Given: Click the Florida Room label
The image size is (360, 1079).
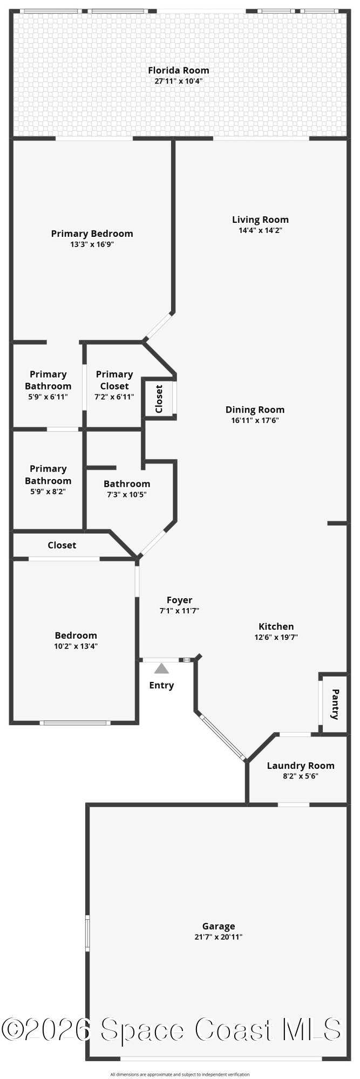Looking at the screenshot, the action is (179, 70).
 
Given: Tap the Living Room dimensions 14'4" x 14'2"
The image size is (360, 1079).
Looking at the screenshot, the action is (261, 230).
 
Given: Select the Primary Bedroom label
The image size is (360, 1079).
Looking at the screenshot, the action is (92, 234).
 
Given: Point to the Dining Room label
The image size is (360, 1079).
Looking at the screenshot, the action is (255, 409).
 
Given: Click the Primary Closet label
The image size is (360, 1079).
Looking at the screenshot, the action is (114, 380).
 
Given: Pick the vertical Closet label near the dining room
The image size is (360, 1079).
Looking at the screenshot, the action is (159, 399).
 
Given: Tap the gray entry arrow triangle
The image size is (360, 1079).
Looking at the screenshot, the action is (161, 669).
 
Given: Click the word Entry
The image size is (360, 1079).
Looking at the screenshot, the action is (161, 685).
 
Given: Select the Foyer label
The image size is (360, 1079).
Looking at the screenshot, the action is (179, 600).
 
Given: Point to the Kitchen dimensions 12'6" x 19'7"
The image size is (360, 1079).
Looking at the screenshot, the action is (276, 637).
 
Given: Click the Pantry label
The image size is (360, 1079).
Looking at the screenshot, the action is (335, 704).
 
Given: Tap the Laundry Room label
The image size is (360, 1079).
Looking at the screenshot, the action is (301, 766).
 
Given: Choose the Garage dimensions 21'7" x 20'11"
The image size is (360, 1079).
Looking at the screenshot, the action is (219, 937).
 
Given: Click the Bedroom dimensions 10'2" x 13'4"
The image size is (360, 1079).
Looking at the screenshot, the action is (76, 646).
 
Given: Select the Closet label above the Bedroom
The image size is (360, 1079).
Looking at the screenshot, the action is (62, 545).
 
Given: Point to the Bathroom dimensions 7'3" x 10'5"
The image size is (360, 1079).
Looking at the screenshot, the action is (127, 494).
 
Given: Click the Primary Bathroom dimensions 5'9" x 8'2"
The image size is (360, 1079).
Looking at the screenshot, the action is (48, 491).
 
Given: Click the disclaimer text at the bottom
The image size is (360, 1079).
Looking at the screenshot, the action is (180, 1075).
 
